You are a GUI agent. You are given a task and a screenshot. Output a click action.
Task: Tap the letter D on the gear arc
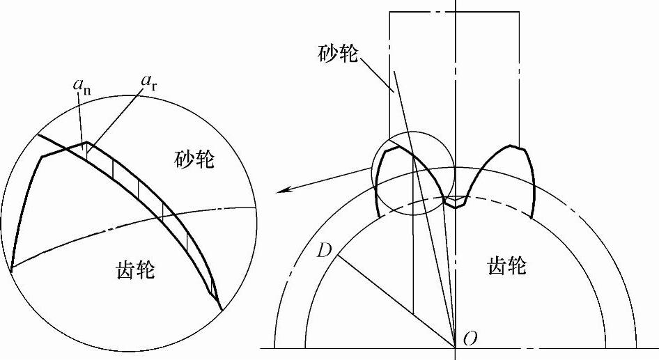tap(323, 249)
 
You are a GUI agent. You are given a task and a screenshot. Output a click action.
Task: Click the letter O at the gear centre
tap(470, 341)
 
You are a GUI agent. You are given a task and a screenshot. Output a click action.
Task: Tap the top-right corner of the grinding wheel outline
tap(519, 12)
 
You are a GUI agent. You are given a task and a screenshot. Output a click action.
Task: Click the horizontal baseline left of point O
tap(348, 347)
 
